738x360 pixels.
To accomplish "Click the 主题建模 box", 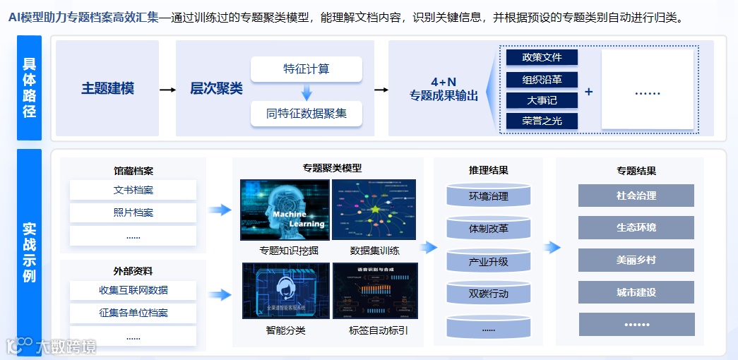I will [x=107, y=89].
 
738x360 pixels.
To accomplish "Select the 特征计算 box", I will [x=306, y=69].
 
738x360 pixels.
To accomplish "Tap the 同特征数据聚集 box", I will [x=306, y=113].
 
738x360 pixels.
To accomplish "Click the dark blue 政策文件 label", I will [x=542, y=57].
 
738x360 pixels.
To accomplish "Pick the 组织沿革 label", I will [x=542, y=79].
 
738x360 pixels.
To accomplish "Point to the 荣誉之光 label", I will [x=542, y=121].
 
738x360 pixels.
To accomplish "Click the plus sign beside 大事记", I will [x=589, y=92].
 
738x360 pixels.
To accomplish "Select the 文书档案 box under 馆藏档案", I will [x=133, y=190].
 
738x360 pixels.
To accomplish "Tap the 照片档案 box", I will [x=133, y=212].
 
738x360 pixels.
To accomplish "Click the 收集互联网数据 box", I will [x=133, y=290].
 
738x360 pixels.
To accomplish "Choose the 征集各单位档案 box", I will [x=133, y=313].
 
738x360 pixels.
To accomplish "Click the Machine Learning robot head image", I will [x=285, y=210].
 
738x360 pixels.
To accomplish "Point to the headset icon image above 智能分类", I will [x=286, y=290].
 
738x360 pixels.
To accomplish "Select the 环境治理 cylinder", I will [x=488, y=196].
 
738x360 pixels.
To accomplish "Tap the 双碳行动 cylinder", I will [x=488, y=294].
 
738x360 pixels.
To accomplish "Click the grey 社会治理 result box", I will [x=636, y=196].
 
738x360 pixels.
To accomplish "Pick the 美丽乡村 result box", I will [x=636, y=260].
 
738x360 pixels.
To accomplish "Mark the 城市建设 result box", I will [x=636, y=292].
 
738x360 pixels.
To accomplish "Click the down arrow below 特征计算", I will [x=306, y=92].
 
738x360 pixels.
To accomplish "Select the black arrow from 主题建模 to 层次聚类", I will [x=167, y=90].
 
